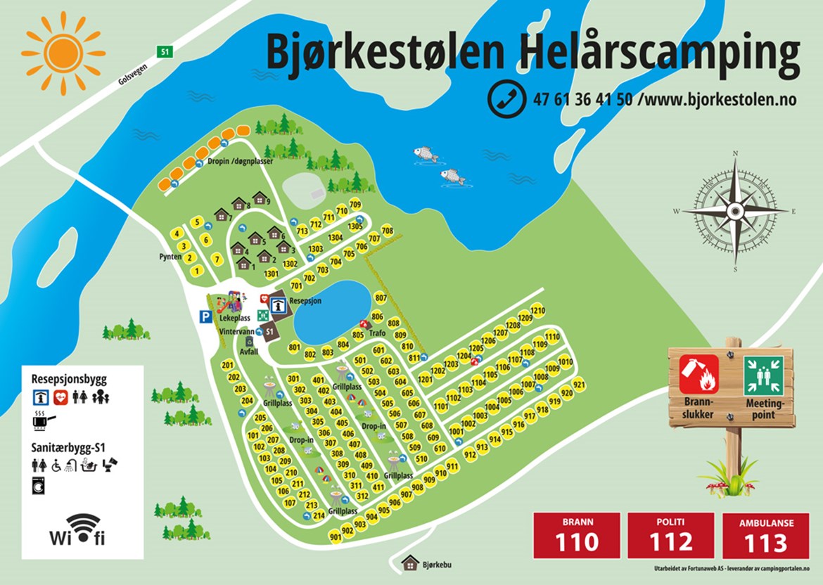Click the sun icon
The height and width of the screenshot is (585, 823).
[63, 53]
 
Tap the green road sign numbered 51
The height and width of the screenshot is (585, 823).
[165, 51]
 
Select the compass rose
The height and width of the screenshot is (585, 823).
[735, 210]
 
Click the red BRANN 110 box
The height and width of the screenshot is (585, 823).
[577, 535]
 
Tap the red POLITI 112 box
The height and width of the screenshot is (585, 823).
[670, 535]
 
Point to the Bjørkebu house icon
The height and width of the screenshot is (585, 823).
[410, 562]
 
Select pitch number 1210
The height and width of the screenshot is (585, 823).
[537, 311]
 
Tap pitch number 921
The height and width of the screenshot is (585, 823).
[579, 385]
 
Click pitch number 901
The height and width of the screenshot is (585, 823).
[336, 538]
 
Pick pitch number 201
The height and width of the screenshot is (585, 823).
[227, 365]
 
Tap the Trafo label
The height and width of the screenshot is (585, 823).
[377, 333]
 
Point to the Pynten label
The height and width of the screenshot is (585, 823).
[171, 257]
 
